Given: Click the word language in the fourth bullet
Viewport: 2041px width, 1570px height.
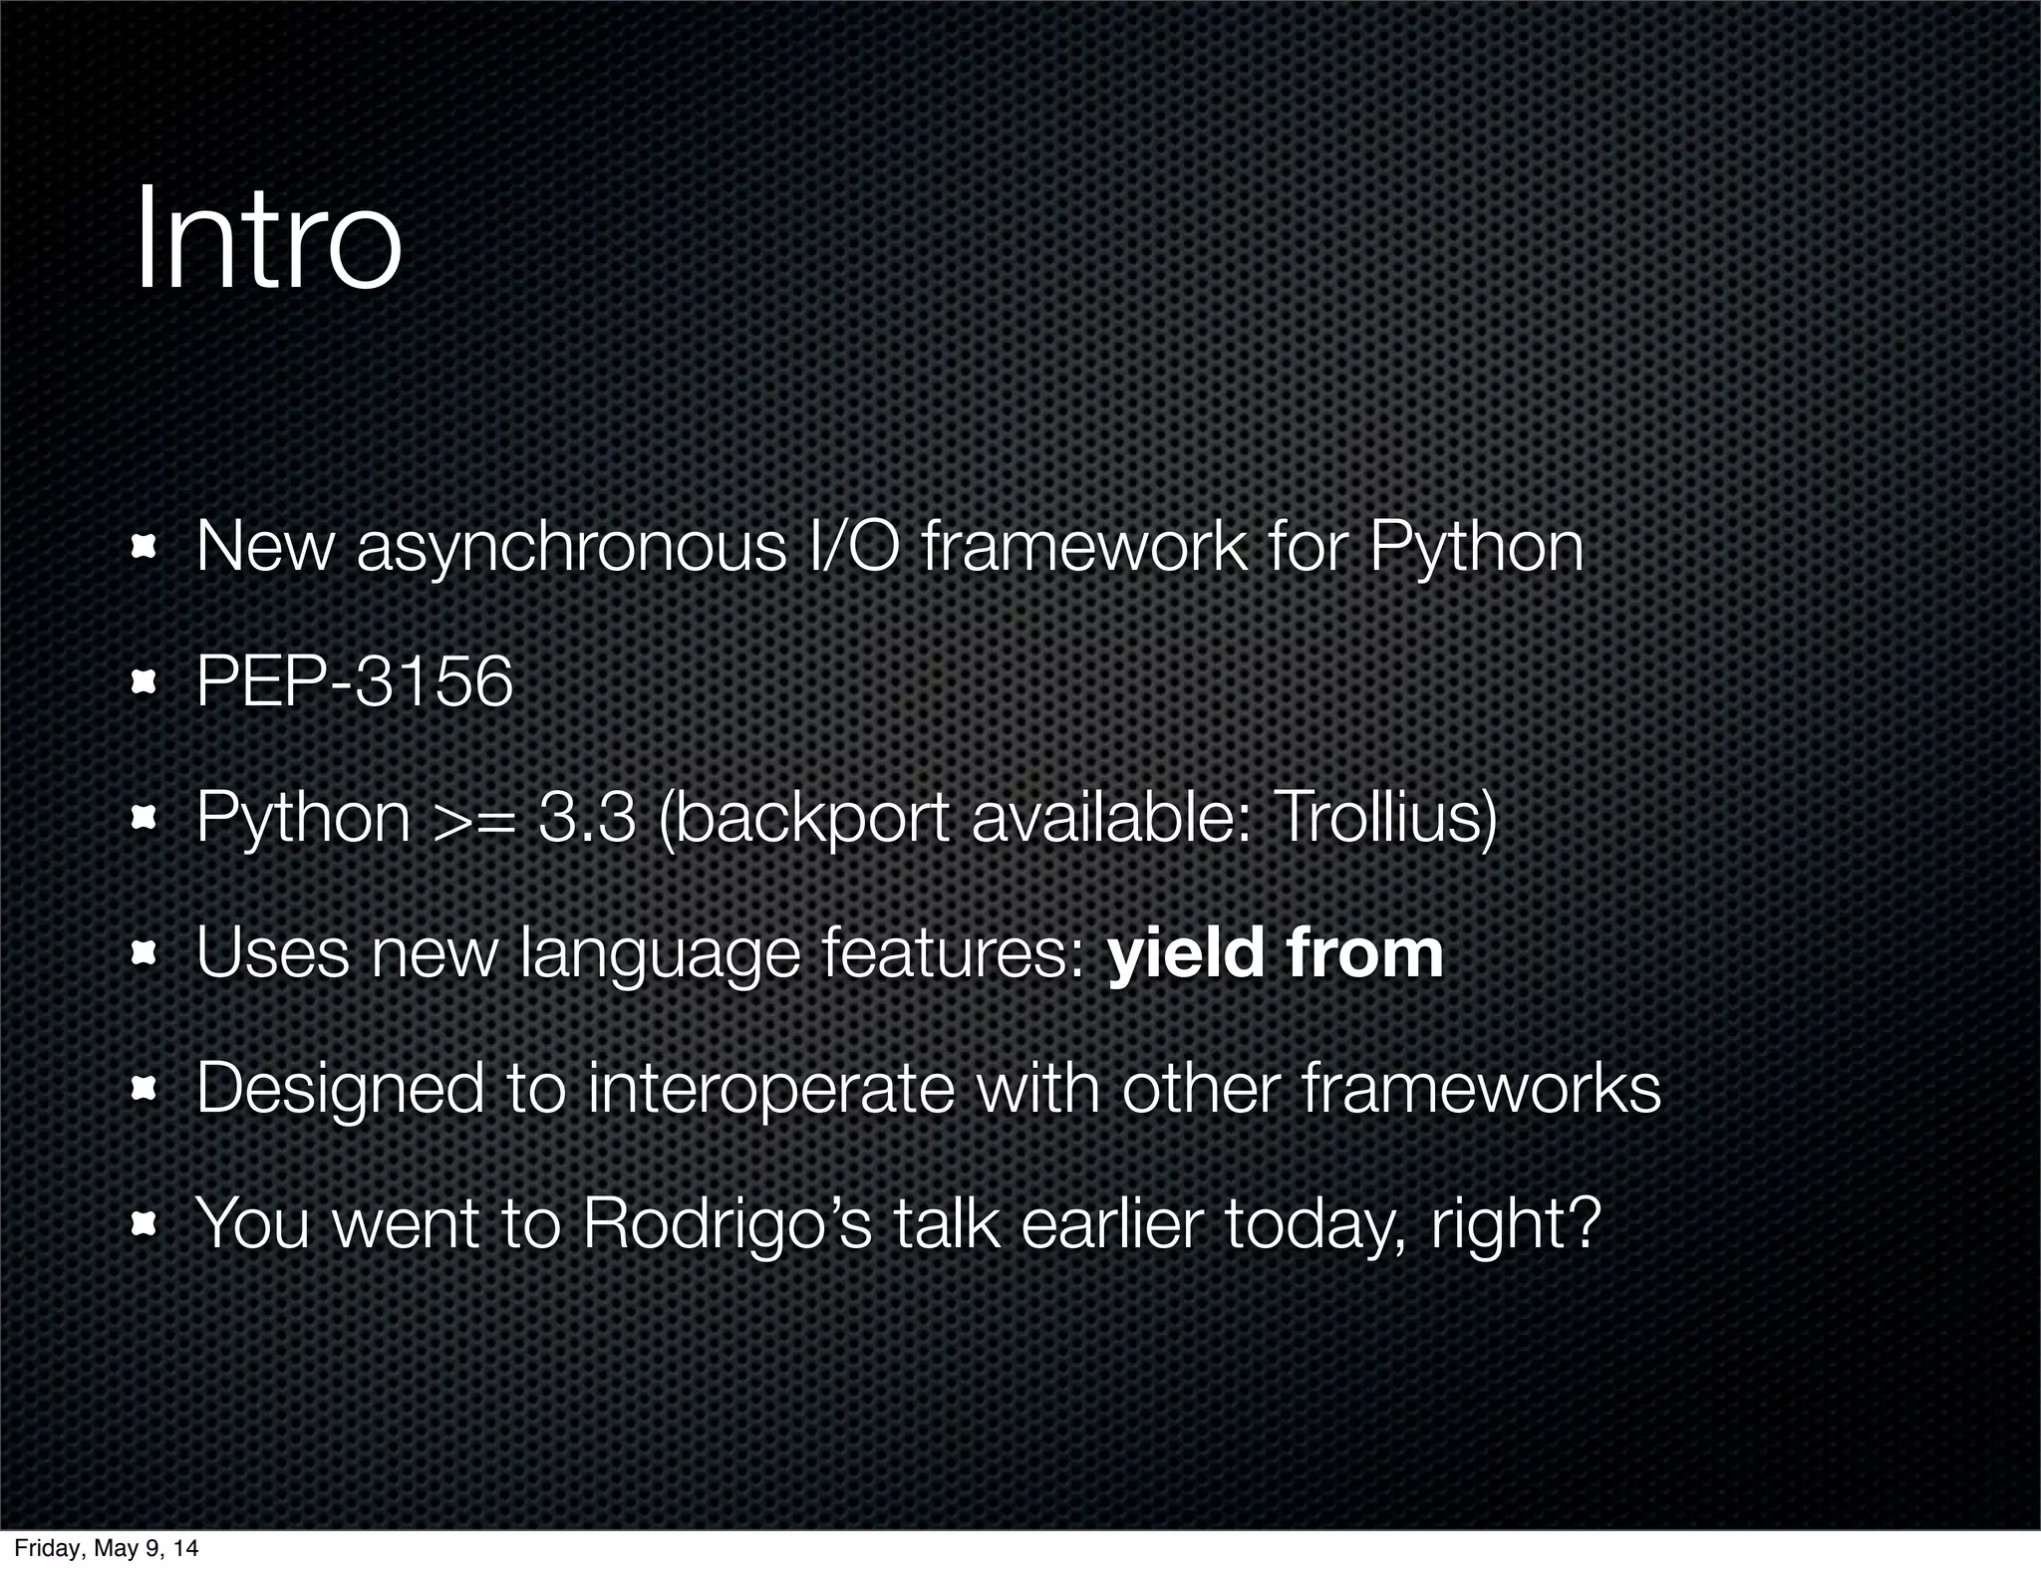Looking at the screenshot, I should click(x=660, y=954).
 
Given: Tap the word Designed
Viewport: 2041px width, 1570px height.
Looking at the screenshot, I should click(x=340, y=1089).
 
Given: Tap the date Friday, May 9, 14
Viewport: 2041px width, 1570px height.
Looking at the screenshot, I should click(x=106, y=1548).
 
